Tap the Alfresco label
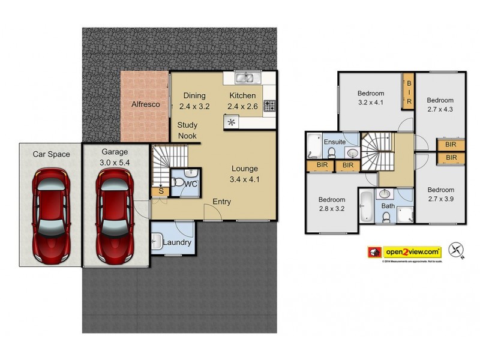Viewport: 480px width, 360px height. (145, 104)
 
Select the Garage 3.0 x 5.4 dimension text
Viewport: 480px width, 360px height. (115, 162)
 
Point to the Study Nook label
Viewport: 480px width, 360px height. (191, 130)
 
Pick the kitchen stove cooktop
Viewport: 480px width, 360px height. (270, 106)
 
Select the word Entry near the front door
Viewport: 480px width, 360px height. (221, 202)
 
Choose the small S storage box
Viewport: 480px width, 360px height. (160, 191)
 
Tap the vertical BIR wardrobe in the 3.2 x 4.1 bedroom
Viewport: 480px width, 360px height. (409, 92)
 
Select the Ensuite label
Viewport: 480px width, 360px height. (334, 142)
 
